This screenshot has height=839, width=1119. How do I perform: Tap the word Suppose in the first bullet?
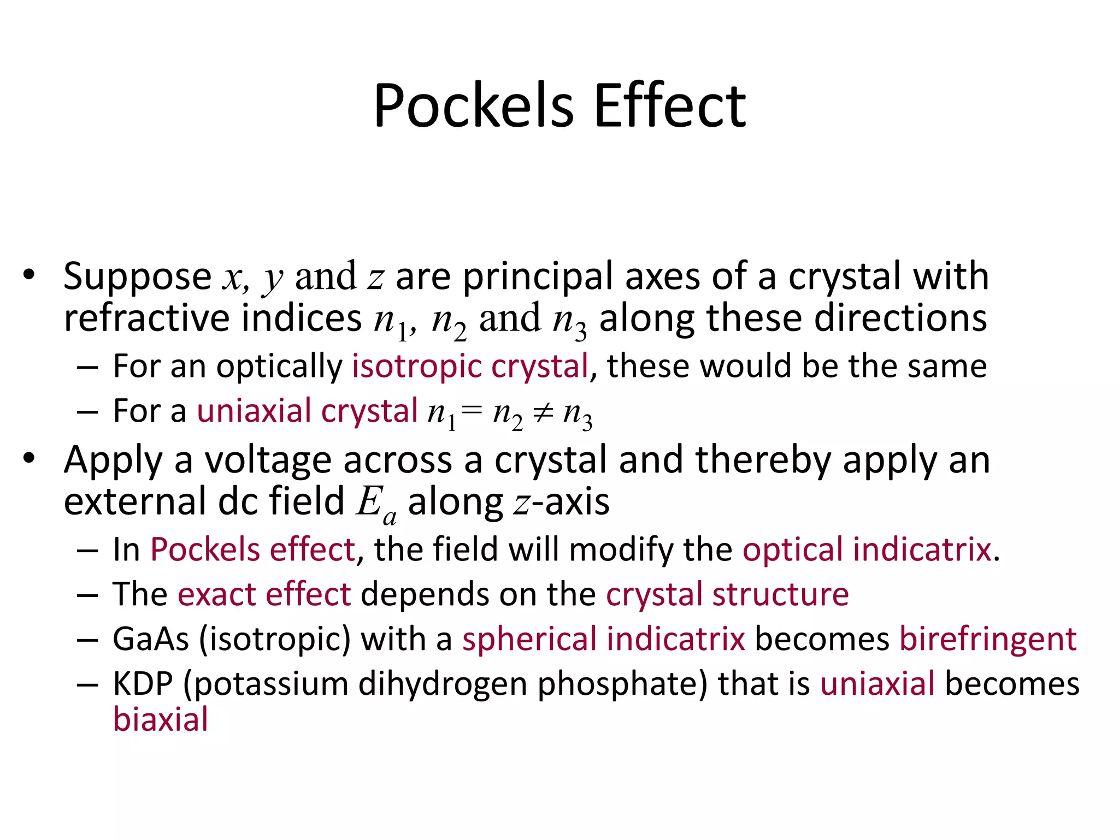coord(137,277)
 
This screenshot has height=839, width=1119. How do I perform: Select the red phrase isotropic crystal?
coord(470,366)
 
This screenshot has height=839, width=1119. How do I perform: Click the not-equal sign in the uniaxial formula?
coord(543,413)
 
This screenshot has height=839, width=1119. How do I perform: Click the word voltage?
coord(268,460)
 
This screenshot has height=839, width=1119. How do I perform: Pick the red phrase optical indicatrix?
coord(867,550)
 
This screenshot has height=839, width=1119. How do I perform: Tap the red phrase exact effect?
coord(264,594)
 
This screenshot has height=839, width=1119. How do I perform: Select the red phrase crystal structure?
coord(727,594)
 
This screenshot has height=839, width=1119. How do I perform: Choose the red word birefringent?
coord(988,639)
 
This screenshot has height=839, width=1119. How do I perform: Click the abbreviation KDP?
coord(143,684)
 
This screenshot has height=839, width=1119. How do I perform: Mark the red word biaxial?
coord(161,720)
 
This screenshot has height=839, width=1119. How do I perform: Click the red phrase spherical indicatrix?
coord(603,639)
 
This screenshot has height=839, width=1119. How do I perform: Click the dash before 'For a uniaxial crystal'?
coord(87,412)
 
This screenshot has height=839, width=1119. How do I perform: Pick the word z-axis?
coord(561,503)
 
